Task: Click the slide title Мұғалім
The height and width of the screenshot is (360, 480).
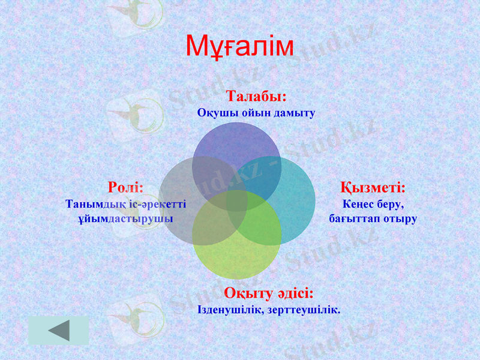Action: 239,47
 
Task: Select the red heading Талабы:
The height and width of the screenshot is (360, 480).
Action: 256,96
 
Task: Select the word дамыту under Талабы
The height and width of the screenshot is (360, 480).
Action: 294,113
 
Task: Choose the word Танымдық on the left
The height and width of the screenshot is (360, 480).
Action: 91,204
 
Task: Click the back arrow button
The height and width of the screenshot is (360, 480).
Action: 58,331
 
